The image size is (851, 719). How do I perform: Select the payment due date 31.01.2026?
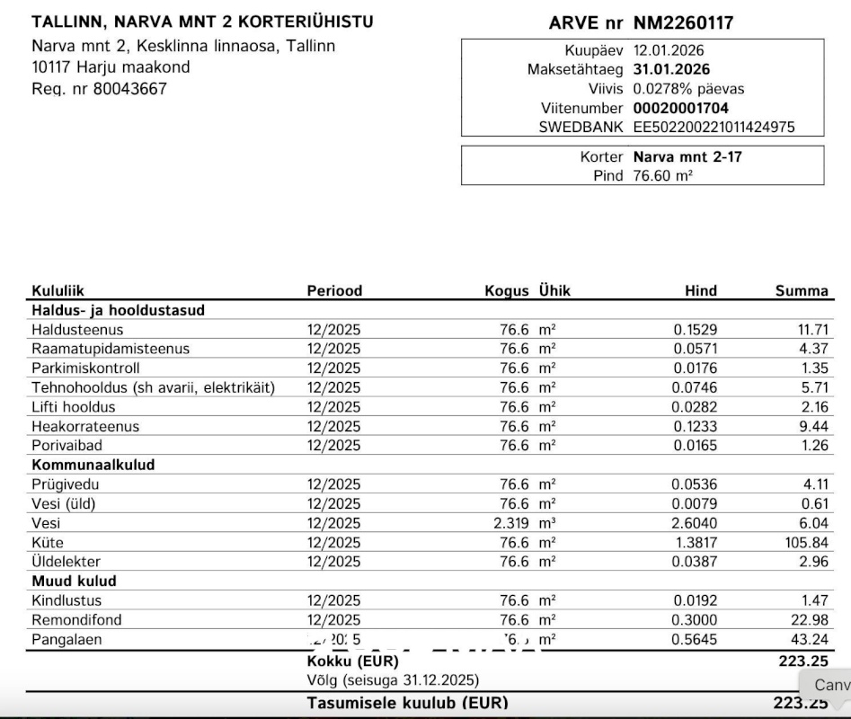(671, 70)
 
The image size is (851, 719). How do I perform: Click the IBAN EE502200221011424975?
(714, 128)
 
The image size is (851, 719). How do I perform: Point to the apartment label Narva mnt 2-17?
(687, 156)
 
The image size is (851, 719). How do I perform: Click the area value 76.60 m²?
(662, 175)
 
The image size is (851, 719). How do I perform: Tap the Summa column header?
(802, 290)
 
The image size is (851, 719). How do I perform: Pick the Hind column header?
(701, 290)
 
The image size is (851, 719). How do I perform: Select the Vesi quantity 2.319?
(510, 523)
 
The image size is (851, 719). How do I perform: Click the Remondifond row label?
(76, 620)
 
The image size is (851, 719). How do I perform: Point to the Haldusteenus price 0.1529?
(696, 330)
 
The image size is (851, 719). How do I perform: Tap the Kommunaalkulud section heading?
(93, 466)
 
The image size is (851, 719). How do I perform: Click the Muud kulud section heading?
(74, 581)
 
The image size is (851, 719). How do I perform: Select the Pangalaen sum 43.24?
(809, 640)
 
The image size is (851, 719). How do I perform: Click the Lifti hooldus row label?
(74, 407)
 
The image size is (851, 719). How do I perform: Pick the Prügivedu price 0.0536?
(696, 484)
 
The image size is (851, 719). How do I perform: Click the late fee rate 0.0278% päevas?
(688, 89)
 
